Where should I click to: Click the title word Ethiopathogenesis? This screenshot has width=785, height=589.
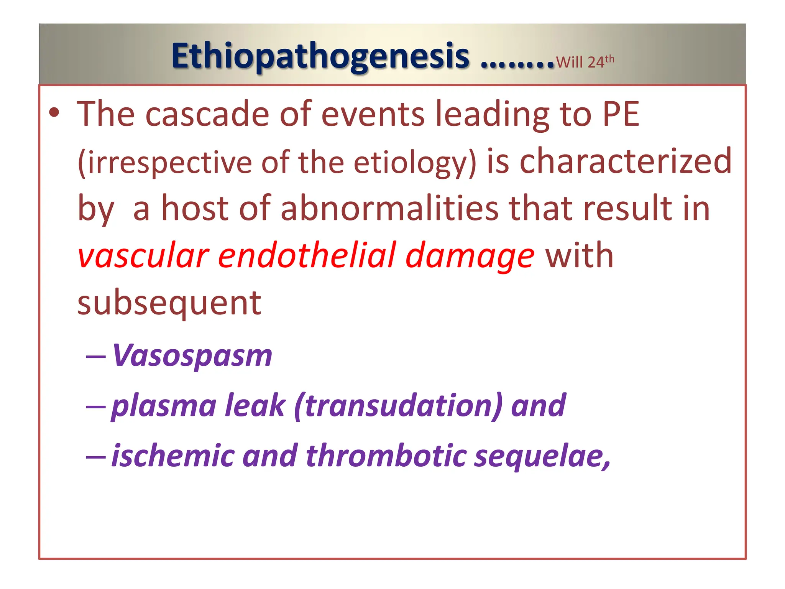(320, 56)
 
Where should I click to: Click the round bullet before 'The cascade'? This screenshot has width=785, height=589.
(54, 113)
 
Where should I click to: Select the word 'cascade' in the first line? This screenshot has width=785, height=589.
(207, 114)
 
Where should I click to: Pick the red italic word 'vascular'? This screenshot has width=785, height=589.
(143, 256)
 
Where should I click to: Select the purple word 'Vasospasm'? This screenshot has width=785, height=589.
(192, 355)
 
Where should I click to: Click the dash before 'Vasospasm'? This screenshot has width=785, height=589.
(96, 357)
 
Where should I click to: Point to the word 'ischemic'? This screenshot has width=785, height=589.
(172, 456)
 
